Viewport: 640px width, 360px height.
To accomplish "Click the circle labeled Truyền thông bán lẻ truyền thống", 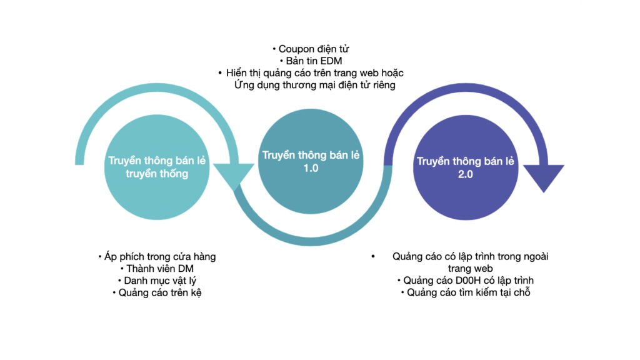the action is [157, 167].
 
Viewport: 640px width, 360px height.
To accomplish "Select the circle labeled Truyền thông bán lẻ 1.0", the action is [311, 161].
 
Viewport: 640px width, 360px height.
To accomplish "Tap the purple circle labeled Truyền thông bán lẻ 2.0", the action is [465, 167].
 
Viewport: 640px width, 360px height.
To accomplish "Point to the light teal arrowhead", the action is [234, 176].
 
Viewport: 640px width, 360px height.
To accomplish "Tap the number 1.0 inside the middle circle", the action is [311, 168].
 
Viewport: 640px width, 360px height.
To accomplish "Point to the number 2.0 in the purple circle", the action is [465, 174].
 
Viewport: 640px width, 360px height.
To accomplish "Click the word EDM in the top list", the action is [331, 61].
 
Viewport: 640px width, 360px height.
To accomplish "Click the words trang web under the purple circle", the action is [470, 269].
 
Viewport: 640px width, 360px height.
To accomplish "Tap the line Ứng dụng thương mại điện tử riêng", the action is [315, 85].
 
